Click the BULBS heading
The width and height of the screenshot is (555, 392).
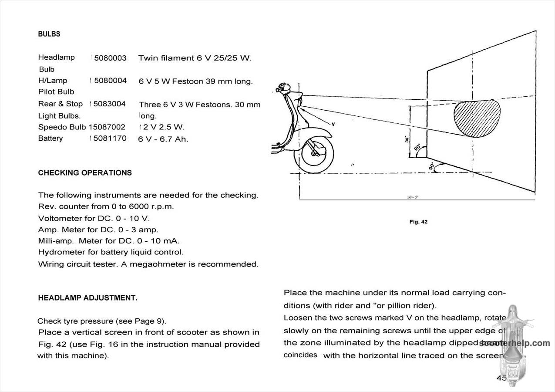[49, 34]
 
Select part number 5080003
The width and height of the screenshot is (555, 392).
[110, 58]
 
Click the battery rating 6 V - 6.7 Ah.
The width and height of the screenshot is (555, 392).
[163, 139]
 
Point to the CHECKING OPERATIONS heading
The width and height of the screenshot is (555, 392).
[84, 173]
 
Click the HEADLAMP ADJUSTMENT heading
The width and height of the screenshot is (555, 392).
[87, 298]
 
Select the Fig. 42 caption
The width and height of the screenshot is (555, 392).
[418, 222]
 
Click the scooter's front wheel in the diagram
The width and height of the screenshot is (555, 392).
[314, 154]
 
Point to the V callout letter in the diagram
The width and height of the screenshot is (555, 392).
[333, 125]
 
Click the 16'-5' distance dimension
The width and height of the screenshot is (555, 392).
[413, 197]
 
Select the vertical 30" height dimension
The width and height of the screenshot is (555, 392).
[407, 139]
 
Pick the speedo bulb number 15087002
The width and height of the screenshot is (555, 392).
[107, 127]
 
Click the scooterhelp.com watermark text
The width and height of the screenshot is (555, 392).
[514, 343]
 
